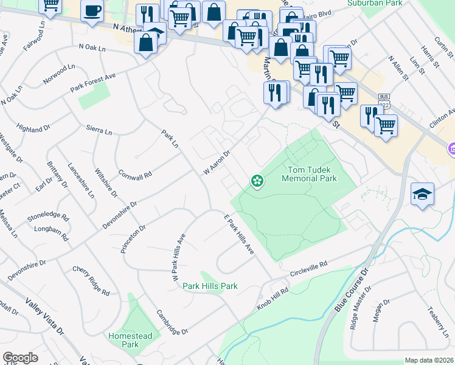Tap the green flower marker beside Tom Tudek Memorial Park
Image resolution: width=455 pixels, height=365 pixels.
pyautogui.click(x=257, y=181)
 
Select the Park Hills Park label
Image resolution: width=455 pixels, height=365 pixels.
pyautogui.click(x=210, y=286)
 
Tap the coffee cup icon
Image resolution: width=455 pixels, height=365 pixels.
pyautogui.click(x=92, y=11)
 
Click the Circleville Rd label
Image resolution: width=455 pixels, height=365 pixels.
pyautogui.click(x=308, y=268)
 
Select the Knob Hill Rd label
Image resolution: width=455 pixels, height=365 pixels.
pyautogui.click(x=271, y=298)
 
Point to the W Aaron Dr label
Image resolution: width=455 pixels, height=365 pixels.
pyautogui.click(x=217, y=162)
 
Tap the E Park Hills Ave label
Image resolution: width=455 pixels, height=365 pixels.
pyautogui.click(x=238, y=234)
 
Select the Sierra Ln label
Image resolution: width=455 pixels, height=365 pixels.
pyautogui.click(x=100, y=131)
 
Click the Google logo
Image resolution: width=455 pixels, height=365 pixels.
pyautogui.click(x=20, y=358)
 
